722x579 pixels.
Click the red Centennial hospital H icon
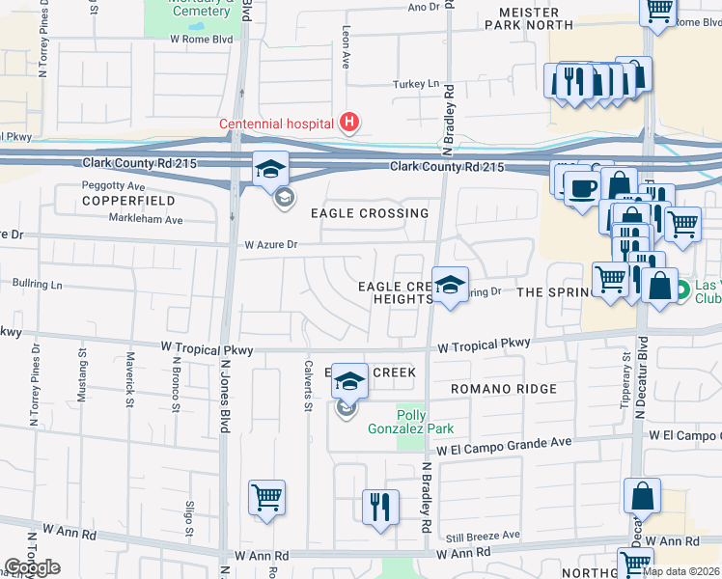(350, 123)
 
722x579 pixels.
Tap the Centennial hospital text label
(276, 123)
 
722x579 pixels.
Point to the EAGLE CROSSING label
(369, 213)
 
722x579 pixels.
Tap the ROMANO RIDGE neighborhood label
(503, 389)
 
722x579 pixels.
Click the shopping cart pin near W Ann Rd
(266, 498)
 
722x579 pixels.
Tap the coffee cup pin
(581, 188)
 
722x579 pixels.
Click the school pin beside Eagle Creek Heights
(450, 286)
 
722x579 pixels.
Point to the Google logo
(32, 566)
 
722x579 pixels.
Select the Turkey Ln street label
(415, 84)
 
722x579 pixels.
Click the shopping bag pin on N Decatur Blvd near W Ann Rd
(642, 497)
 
